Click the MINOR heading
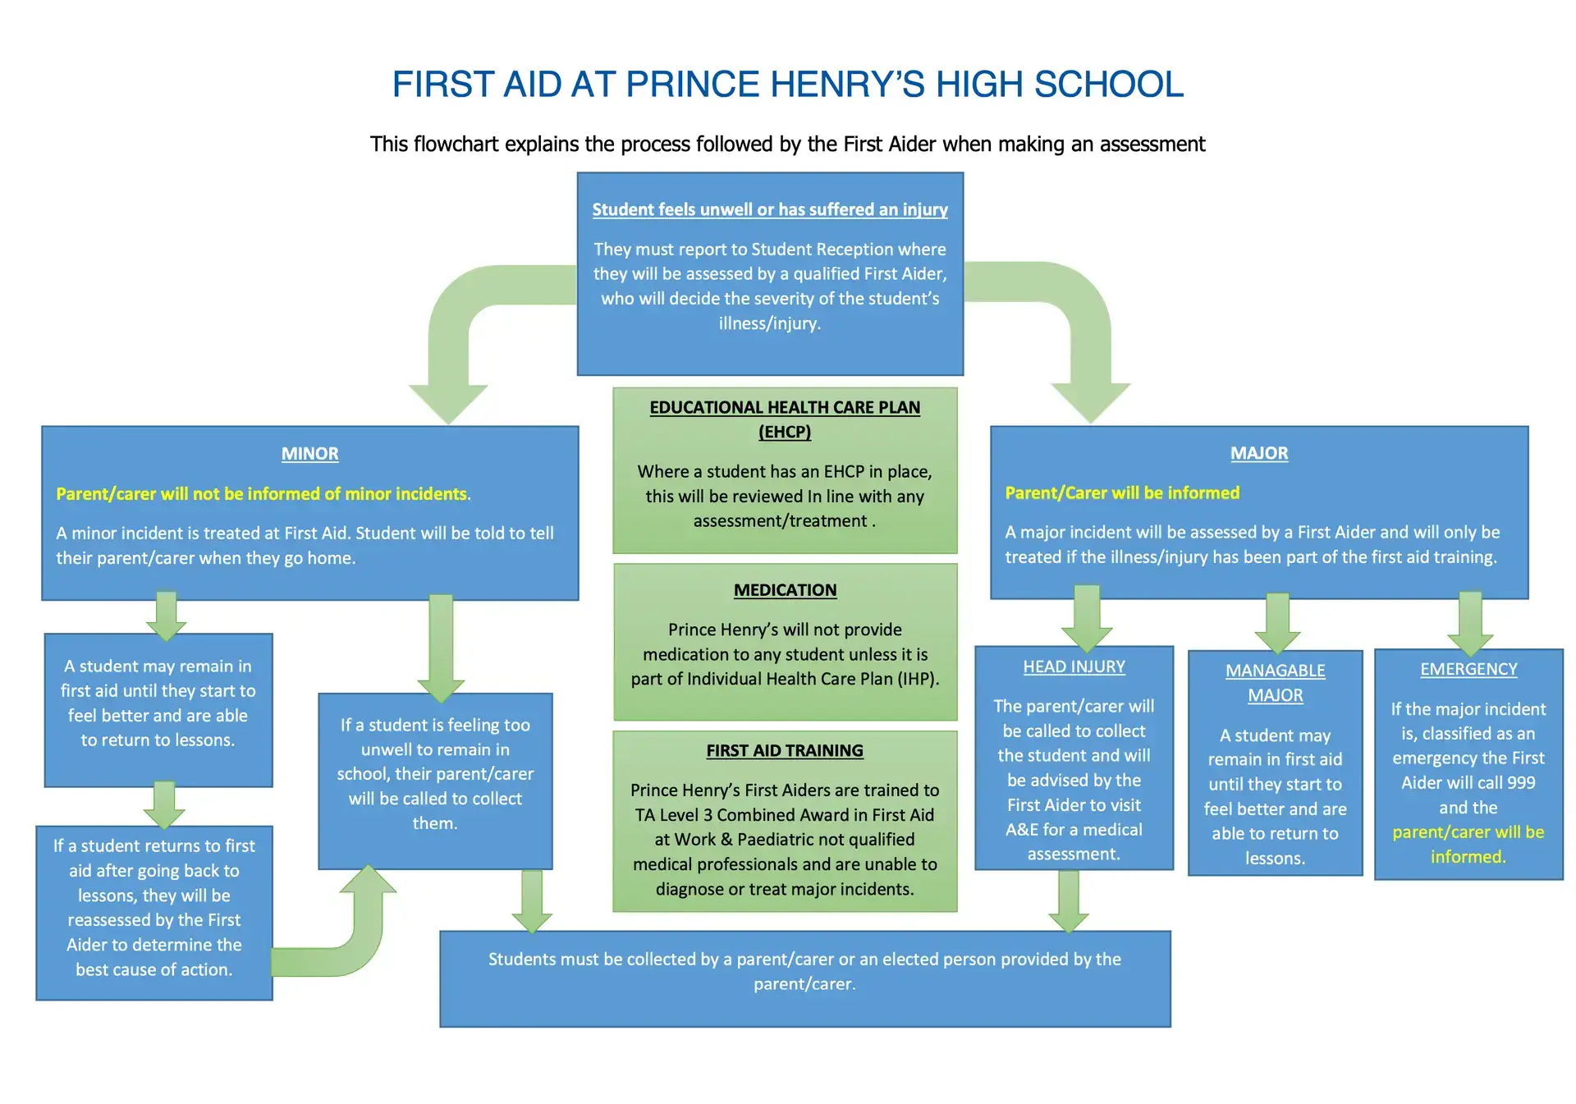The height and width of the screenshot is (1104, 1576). (x=309, y=454)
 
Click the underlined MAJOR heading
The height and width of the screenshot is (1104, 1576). (x=1259, y=453)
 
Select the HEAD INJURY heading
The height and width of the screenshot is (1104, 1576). (x=1074, y=667)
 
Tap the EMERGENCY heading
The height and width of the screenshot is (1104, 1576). (x=1468, y=669)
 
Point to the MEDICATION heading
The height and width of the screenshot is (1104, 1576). (x=785, y=590)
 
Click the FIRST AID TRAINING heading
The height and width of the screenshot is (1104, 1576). (x=785, y=750)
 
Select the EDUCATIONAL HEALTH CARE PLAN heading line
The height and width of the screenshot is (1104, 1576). (x=785, y=408)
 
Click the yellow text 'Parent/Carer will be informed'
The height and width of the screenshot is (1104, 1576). (x=1122, y=492)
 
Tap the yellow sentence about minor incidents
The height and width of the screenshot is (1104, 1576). (x=263, y=493)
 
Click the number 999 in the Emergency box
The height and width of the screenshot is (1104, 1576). (x=1521, y=782)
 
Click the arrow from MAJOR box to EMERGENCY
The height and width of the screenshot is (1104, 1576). (x=1469, y=624)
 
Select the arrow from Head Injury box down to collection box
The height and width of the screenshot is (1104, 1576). (x=1068, y=901)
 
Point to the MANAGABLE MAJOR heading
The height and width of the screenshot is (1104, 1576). (x=1275, y=683)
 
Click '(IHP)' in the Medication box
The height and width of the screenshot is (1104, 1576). (x=919, y=679)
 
